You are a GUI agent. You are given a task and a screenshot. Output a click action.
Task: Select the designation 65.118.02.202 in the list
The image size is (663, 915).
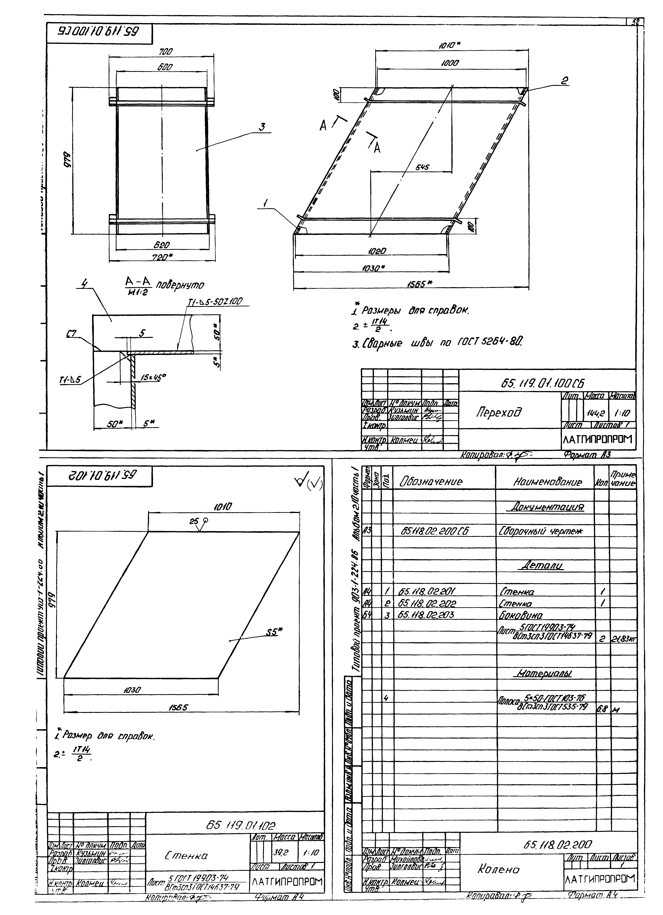(427, 604)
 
